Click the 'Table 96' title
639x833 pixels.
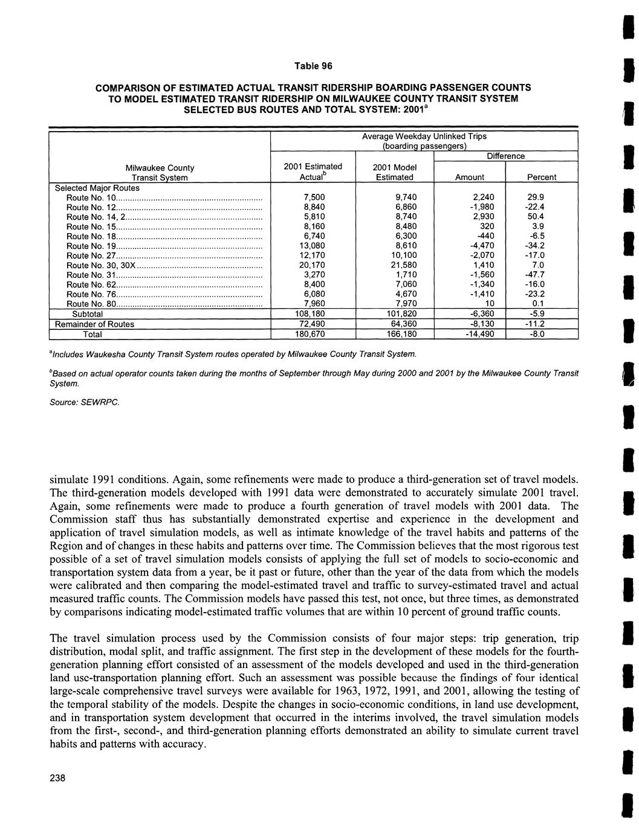pyautogui.click(x=313, y=65)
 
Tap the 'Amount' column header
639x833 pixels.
pyautogui.click(x=469, y=178)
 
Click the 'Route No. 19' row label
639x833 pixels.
pyautogui.click(x=91, y=246)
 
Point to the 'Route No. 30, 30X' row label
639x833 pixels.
pyautogui.click(x=100, y=265)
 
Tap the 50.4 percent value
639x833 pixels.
pyautogui.click(x=536, y=217)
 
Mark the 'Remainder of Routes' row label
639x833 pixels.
pyautogui.click(x=95, y=324)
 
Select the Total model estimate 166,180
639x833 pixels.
pyautogui.click(x=395, y=334)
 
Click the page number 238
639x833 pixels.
pyautogui.click(x=57, y=777)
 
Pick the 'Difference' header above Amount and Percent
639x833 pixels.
pyautogui.click(x=506, y=156)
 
